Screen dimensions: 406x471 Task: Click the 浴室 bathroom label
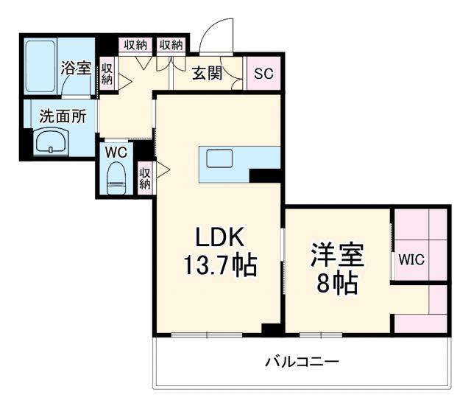(77, 69)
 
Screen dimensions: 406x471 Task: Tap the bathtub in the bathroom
(42, 66)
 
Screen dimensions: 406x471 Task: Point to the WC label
(116, 152)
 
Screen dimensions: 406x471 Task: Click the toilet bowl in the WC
(116, 178)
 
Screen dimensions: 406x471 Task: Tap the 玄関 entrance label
(208, 73)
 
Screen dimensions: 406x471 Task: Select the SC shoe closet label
(263, 73)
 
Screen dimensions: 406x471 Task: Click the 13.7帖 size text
(219, 265)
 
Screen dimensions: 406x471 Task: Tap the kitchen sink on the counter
(219, 158)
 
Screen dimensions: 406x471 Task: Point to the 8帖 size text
(338, 282)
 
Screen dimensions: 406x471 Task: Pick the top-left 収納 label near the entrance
(135, 44)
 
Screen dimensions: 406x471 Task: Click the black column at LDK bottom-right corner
(273, 329)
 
